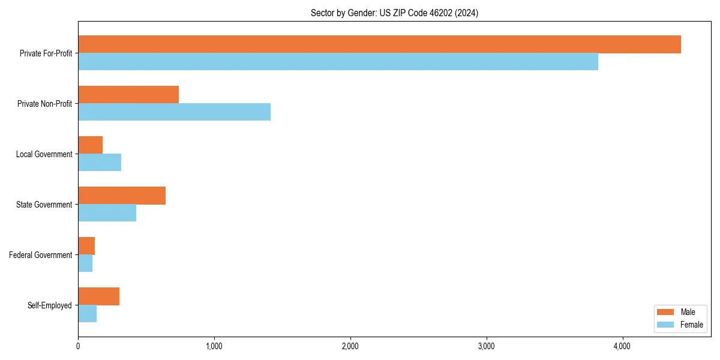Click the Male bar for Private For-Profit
379,44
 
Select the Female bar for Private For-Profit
338,62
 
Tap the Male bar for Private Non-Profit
128,95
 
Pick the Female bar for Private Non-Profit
174,112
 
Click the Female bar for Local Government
100,163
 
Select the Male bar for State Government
122,196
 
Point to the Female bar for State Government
107,213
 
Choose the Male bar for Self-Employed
98,296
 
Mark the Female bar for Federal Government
85,263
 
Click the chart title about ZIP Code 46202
394,13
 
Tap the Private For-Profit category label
46,53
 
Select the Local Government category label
44,154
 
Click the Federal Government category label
41,255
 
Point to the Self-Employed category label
50,305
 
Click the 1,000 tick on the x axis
214,346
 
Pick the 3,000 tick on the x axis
486,346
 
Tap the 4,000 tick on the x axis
622,346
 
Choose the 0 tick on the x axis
78,346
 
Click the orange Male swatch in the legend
666,312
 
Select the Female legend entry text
692,325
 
